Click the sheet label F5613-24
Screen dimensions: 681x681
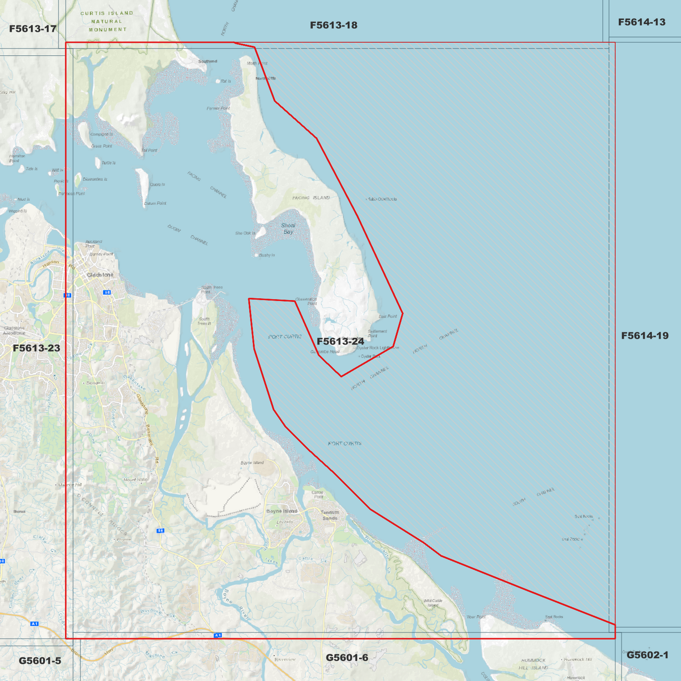340,341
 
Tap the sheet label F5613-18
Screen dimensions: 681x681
334,25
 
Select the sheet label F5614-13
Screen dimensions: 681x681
641,22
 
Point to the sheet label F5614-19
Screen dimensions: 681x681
644,336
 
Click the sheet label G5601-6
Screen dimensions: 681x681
347,657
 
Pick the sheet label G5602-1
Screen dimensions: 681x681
647,655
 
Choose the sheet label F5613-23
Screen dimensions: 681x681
36,348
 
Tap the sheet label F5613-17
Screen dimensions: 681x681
33,29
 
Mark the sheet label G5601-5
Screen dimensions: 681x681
40,661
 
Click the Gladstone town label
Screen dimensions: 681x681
100,275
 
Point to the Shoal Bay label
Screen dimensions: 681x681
288,229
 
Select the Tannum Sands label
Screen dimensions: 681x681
330,515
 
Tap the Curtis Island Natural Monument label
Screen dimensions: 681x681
107,21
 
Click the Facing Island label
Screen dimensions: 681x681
311,198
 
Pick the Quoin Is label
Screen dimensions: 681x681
157,185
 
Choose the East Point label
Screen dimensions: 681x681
388,316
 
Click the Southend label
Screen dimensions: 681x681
207,61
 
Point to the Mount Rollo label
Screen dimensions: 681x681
135,480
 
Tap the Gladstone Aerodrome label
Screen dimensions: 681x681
14,330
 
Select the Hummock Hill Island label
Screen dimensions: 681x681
533,664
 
